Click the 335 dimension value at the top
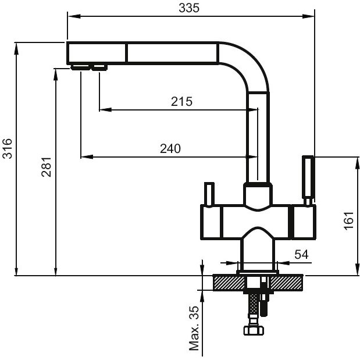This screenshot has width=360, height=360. point(189,8)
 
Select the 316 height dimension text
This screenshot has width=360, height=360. point(7,148)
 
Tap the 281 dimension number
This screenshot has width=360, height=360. point(46,167)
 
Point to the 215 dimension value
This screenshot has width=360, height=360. point(181,101)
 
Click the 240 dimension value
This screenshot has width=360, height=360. point(170,148)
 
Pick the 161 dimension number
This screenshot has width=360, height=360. point(348,220)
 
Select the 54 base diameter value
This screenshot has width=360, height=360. point(301,254)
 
